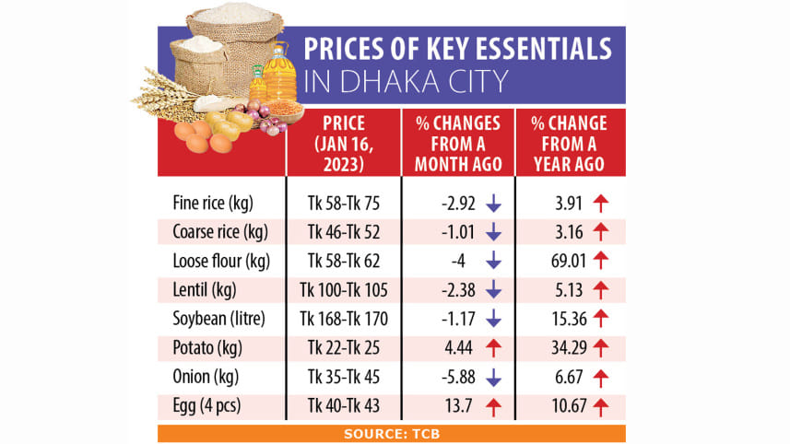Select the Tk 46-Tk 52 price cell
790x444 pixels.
coord(343,230)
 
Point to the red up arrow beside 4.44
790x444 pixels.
coord(493,348)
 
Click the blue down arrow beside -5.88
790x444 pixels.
coord(493,378)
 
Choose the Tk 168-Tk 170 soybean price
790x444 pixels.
coord(343,320)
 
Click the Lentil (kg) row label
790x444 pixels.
coord(205,290)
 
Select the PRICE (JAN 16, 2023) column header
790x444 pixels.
coord(343,143)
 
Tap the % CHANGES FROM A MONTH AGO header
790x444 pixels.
coord(457,143)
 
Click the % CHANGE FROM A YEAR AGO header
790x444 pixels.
coord(569,143)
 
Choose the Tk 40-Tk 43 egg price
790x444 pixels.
coord(343,406)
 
